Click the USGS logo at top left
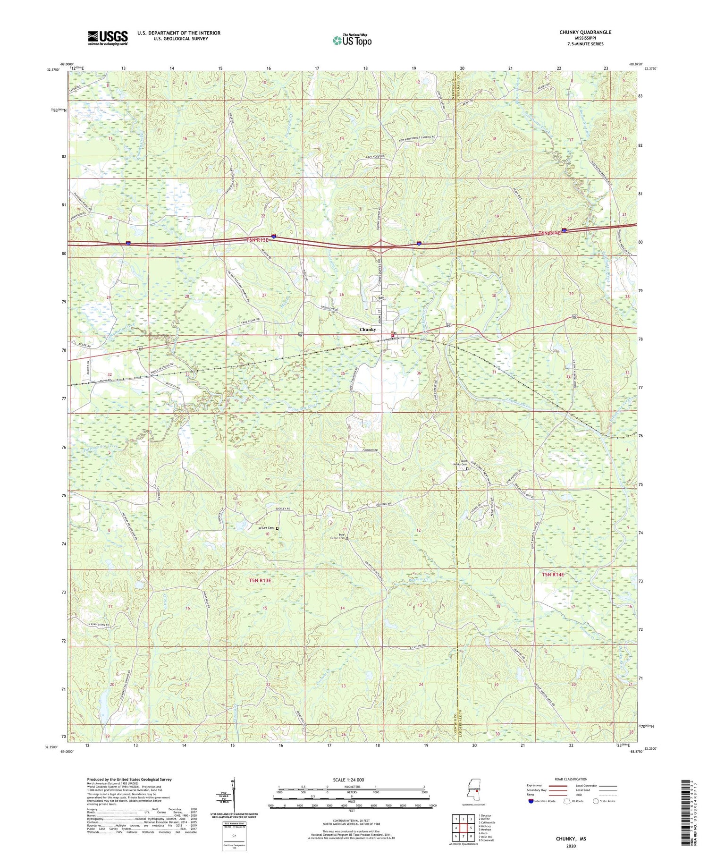coord(108,38)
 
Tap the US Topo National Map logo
coord(352,40)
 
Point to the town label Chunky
coord(368,330)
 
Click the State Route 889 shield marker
coord(380,298)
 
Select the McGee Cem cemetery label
coord(268,528)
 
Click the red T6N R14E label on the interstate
coord(550,233)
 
